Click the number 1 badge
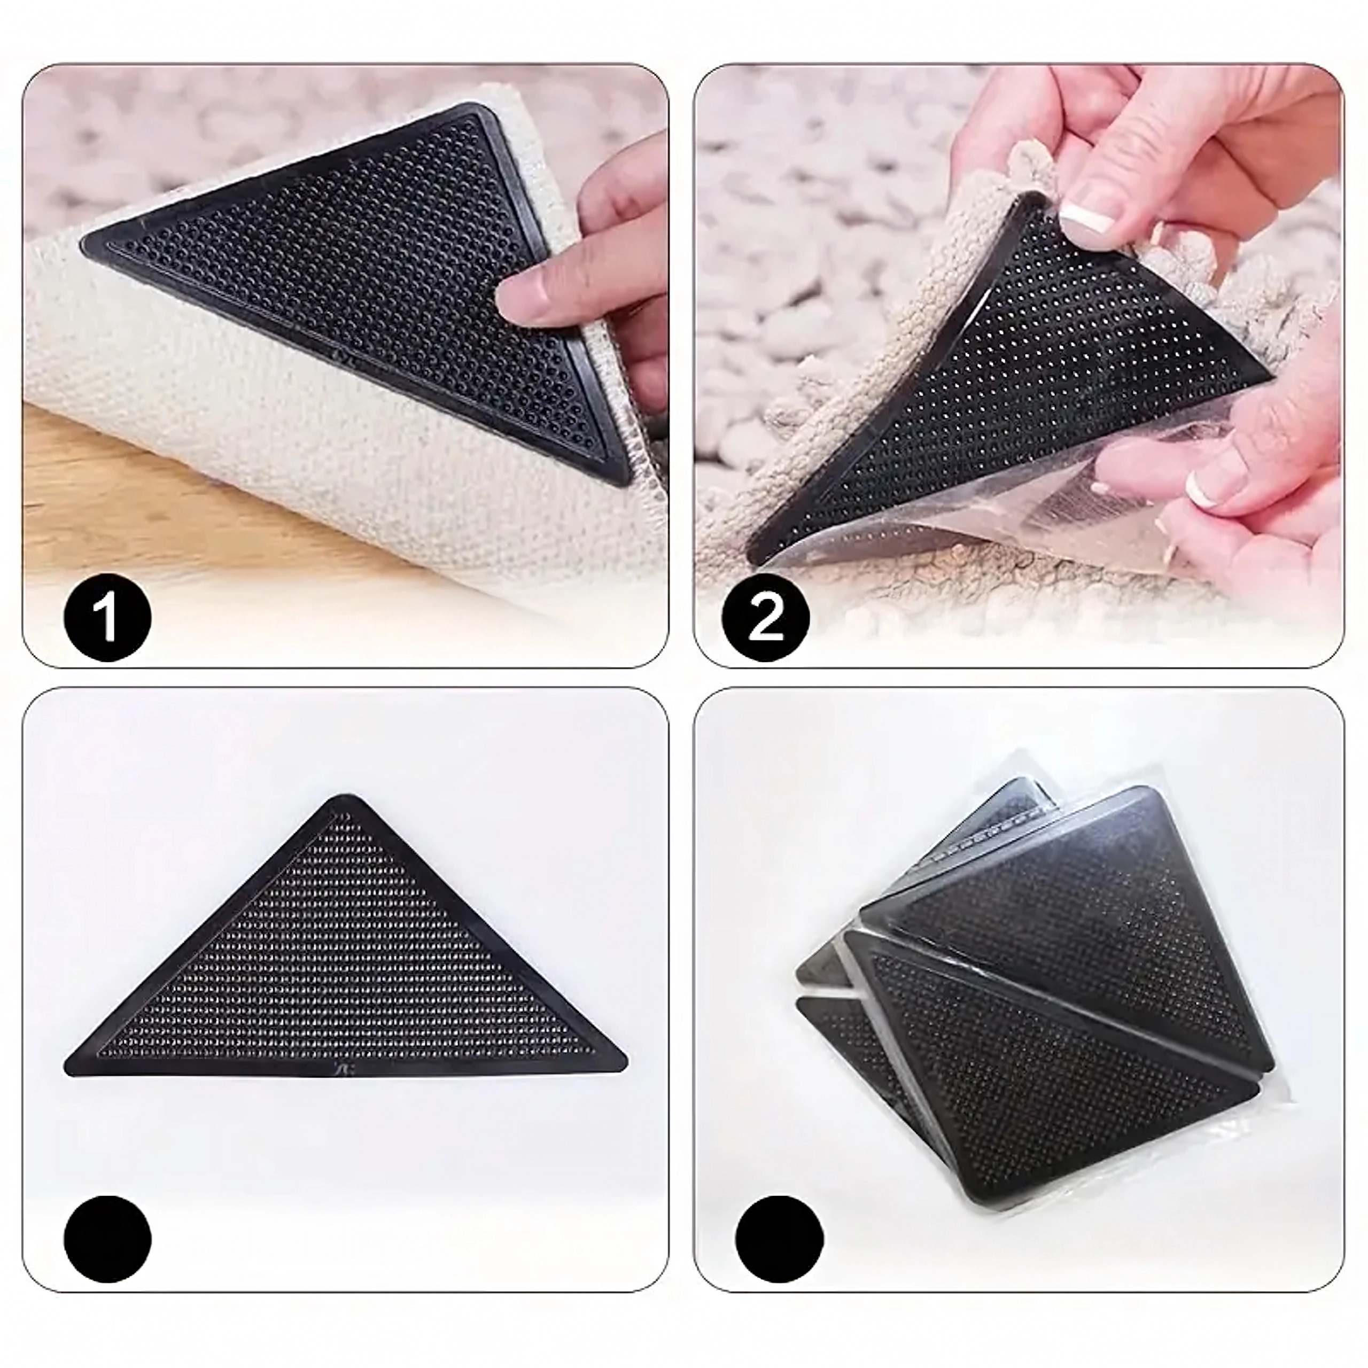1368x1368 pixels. point(107,616)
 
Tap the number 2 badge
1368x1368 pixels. point(765,616)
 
